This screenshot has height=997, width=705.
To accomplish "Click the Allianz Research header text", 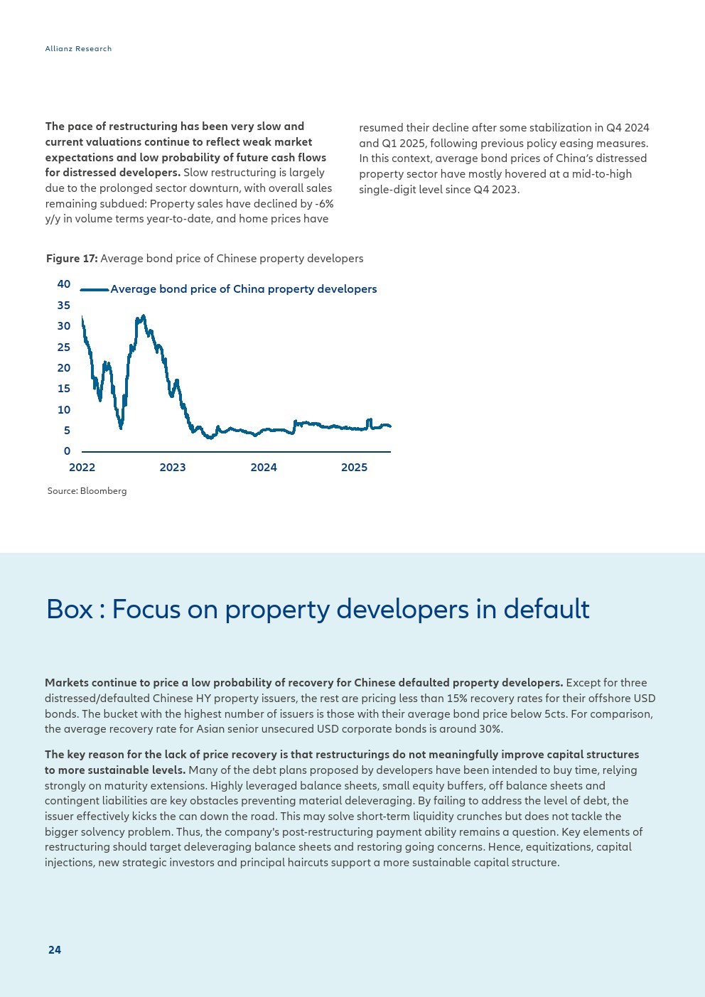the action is [x=78, y=48].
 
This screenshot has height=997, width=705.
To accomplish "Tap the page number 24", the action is [x=54, y=949].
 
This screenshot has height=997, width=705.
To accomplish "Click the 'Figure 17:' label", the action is [x=72, y=259].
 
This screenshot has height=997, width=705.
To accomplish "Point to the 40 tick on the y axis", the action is [x=64, y=284].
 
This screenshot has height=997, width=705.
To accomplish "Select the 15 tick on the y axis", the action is [x=64, y=389].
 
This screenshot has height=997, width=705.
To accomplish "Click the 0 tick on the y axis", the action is [x=67, y=451].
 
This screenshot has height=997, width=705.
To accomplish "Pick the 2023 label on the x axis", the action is [x=173, y=468].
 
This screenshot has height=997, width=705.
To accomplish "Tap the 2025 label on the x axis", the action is [x=355, y=468].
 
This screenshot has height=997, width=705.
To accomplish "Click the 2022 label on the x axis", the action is [x=82, y=468].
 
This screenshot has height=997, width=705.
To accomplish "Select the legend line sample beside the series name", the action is [x=95, y=290].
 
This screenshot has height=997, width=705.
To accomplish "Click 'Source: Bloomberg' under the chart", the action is [x=87, y=491].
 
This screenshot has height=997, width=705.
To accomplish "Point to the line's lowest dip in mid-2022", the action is [x=121, y=428].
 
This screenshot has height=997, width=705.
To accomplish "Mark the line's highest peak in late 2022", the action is [x=144, y=316].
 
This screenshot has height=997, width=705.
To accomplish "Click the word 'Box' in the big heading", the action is [x=70, y=609].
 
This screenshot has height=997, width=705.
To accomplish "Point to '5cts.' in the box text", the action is [x=556, y=714].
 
